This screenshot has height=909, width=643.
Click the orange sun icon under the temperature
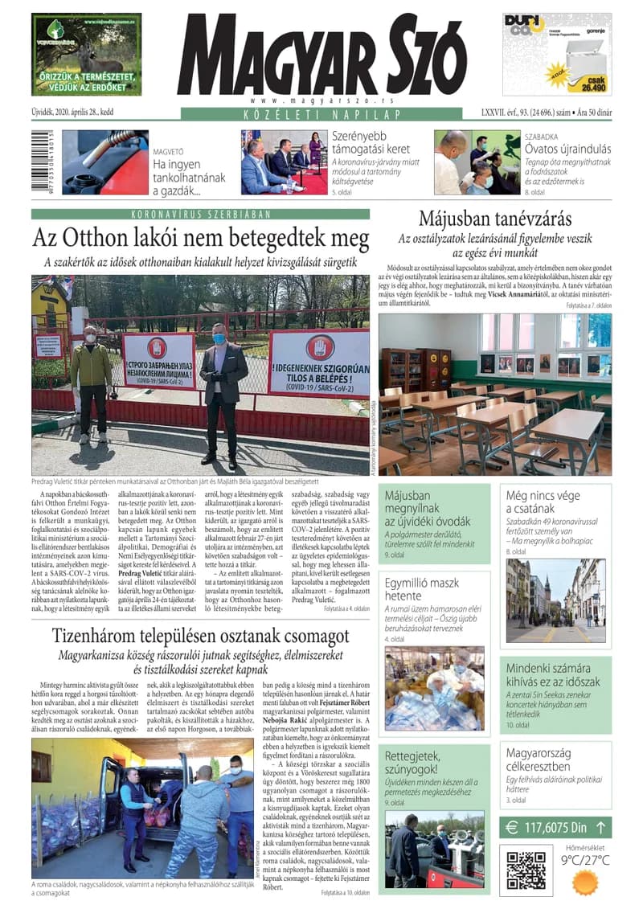[584, 882]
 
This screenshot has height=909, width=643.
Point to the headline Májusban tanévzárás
[494, 219]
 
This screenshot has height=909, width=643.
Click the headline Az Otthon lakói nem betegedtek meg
[200, 240]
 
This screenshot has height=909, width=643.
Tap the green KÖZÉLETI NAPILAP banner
[321, 114]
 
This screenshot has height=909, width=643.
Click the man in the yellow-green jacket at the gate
[91, 378]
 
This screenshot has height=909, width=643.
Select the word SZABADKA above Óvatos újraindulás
[544, 137]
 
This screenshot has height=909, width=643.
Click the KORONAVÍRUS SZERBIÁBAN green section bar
[200, 214]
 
